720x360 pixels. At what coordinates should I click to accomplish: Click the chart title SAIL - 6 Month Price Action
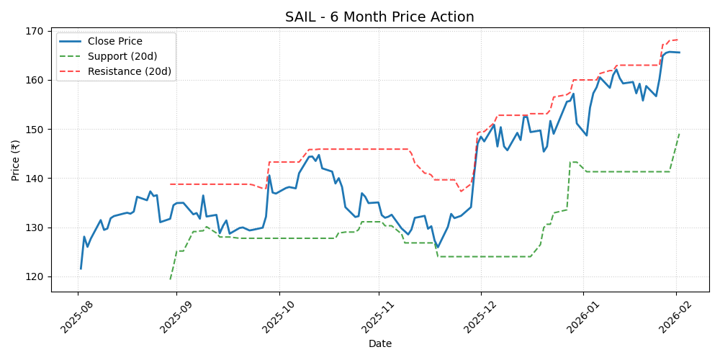click(379, 17)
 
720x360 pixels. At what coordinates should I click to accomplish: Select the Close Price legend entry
click(115, 42)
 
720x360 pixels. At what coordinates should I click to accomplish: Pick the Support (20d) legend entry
click(122, 56)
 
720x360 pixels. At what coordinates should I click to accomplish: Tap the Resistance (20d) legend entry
click(129, 71)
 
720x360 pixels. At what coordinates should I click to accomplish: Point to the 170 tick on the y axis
click(37, 31)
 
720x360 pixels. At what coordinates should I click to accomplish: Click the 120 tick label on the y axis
click(37, 277)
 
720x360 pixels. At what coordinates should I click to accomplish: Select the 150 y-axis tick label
click(37, 130)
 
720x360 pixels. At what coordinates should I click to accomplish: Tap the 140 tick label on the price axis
click(37, 179)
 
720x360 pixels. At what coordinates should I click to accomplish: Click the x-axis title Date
click(379, 344)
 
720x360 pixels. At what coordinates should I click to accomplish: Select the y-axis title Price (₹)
click(16, 161)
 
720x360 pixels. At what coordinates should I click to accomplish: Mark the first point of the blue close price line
click(81, 269)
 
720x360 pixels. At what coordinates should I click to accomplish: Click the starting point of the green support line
click(171, 279)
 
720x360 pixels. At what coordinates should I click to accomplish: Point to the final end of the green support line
click(679, 134)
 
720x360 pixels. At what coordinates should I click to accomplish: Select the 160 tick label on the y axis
click(37, 80)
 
